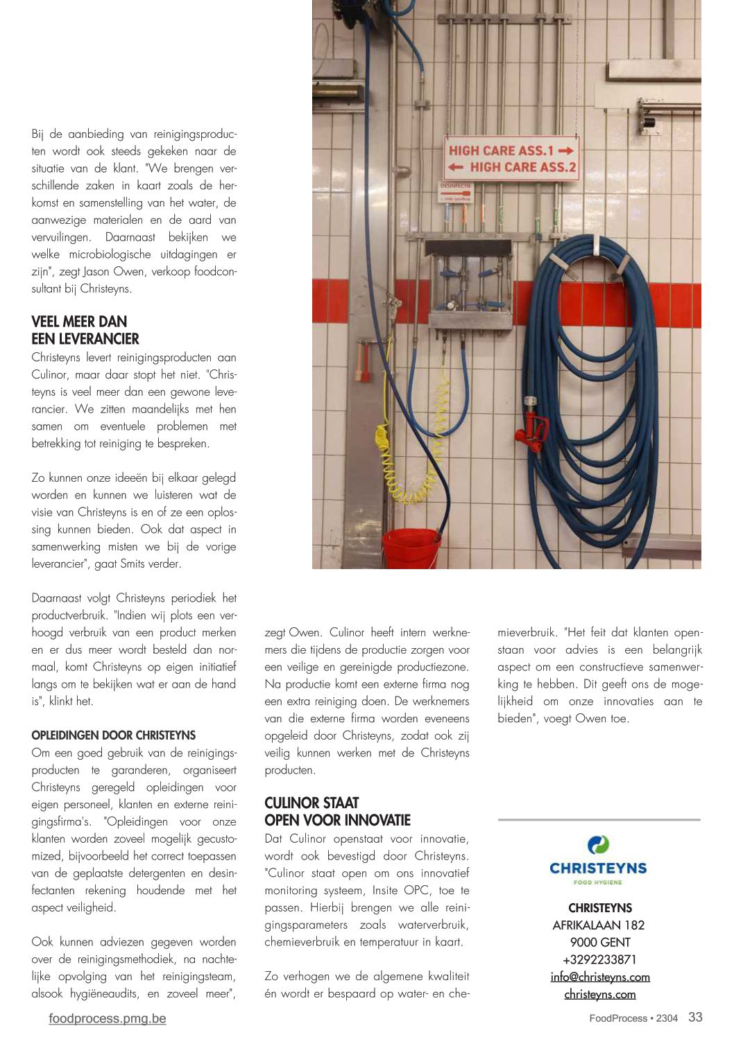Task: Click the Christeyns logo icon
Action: click(598, 844)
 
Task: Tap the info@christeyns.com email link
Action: click(600, 977)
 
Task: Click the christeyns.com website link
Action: click(600, 994)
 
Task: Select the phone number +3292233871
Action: click(600, 959)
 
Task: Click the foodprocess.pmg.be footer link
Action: click(108, 1018)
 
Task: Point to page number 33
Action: click(695, 1017)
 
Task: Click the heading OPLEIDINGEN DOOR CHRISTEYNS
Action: click(114, 735)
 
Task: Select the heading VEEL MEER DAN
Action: click(79, 322)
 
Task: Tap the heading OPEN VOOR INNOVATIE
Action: click(338, 820)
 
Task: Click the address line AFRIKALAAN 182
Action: click(599, 925)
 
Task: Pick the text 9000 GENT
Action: click(600, 942)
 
